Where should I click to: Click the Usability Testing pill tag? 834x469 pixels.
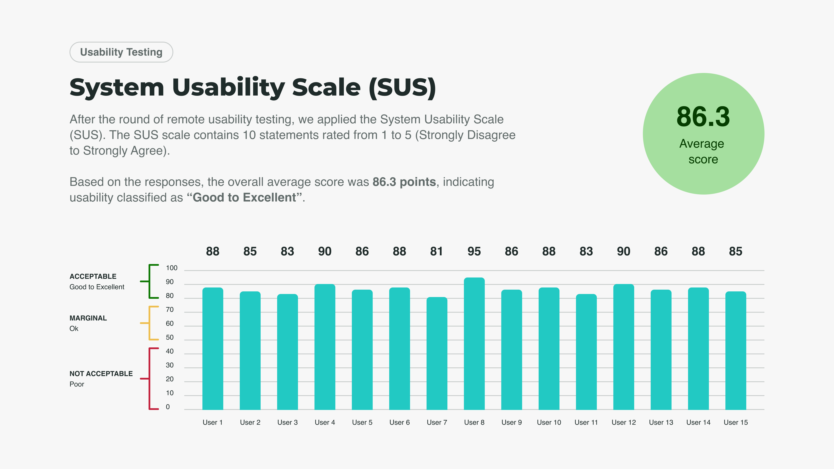(121, 52)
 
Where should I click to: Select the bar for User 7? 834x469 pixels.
(437, 353)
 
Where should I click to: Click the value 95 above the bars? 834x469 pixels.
(474, 251)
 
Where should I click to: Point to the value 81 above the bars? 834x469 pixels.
(436, 251)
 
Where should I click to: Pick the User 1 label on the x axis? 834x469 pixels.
(212, 422)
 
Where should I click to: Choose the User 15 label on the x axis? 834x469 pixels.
(736, 422)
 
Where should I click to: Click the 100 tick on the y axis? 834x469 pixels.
(172, 268)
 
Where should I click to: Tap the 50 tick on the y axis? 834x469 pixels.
(170, 337)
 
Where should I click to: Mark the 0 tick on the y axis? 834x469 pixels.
(168, 407)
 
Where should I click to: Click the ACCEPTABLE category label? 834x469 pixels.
(93, 276)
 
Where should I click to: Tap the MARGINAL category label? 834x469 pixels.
(88, 318)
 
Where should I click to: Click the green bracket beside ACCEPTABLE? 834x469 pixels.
(150, 281)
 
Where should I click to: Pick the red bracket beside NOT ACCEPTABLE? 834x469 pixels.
(150, 379)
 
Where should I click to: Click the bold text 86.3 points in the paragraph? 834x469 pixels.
(404, 182)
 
